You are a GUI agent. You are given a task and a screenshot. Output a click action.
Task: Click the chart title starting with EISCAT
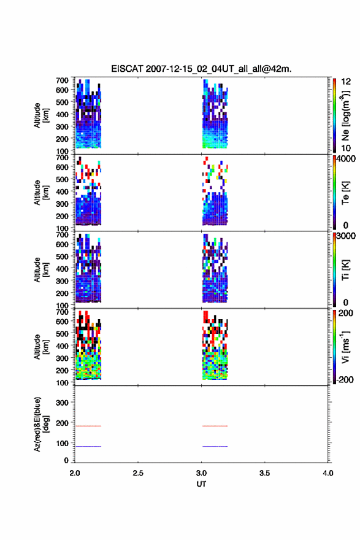point(201,69)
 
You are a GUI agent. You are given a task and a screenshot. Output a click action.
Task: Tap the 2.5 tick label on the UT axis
point(138,473)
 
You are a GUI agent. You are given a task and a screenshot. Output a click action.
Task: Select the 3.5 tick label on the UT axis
point(264,473)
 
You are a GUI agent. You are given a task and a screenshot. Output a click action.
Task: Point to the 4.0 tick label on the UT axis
point(327,473)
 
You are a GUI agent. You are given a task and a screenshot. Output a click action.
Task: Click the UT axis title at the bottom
point(201,484)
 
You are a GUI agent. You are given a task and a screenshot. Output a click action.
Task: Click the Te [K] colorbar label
point(345,193)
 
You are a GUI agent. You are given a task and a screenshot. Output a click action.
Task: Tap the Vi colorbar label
point(345,347)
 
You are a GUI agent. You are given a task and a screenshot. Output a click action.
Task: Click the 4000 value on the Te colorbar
point(346,159)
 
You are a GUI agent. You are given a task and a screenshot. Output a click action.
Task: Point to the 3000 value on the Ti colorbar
point(346,236)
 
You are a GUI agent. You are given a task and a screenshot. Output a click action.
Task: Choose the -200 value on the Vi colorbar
point(343,379)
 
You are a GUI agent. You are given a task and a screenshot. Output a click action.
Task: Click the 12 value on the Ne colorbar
point(346,82)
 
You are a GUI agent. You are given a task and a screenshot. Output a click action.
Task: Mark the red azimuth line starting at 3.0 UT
point(215,426)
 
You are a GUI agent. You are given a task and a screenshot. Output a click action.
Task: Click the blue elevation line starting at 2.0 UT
point(88,446)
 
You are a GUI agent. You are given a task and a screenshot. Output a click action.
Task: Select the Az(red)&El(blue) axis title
point(40,424)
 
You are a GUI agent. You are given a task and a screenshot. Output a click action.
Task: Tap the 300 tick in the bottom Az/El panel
point(62,403)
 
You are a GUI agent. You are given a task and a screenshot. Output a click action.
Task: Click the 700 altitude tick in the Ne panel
point(62,80)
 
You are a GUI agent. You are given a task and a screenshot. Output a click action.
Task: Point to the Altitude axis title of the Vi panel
point(41,347)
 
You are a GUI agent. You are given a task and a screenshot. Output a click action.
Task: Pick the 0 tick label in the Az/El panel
point(66,460)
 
